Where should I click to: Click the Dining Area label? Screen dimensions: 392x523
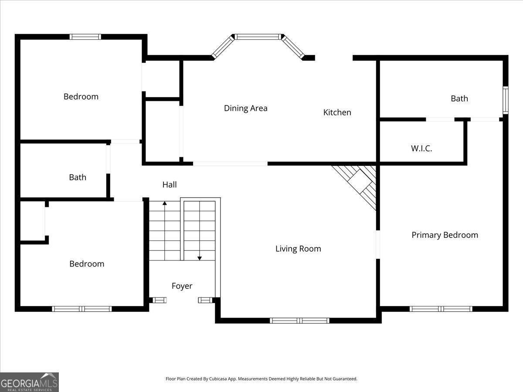(245, 108)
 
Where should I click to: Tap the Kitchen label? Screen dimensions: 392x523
(337, 112)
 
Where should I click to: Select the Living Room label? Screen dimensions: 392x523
(298, 249)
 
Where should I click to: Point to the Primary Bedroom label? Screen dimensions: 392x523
(445, 235)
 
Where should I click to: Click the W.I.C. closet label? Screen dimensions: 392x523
(421, 149)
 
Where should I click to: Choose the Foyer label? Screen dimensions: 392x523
(182, 286)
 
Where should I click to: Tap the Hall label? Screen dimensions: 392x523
(170, 185)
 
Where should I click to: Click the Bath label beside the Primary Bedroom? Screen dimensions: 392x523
(459, 98)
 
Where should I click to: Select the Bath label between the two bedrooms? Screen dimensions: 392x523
(78, 177)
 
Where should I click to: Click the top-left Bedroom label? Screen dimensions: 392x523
(81, 97)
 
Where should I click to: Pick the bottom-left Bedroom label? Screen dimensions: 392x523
(87, 264)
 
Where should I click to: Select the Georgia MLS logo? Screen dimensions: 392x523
(29, 382)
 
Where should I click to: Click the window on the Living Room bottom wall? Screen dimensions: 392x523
(299, 321)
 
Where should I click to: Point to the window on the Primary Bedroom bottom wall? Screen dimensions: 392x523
(441, 309)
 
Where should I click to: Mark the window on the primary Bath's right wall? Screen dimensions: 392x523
(506, 100)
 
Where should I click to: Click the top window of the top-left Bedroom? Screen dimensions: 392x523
(85, 37)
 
